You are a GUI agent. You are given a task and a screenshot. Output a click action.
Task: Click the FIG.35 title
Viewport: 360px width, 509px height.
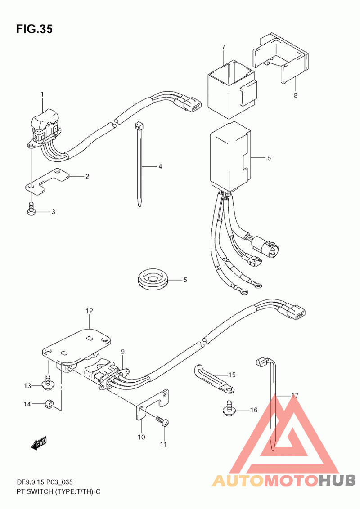pyautogui.click(x=34, y=29)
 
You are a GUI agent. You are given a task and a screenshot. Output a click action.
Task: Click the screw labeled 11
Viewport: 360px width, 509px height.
pyautogui.click(x=162, y=421)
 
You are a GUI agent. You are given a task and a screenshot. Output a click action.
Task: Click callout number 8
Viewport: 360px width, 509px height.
pyautogui.click(x=296, y=95)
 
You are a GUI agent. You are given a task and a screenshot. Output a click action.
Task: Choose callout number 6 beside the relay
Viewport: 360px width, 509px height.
pyautogui.click(x=269, y=158)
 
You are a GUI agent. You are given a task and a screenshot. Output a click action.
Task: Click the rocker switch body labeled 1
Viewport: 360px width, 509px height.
pyautogui.click(x=44, y=124)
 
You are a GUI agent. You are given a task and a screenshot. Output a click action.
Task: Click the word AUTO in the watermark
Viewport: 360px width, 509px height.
pyautogui.click(x=238, y=480)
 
